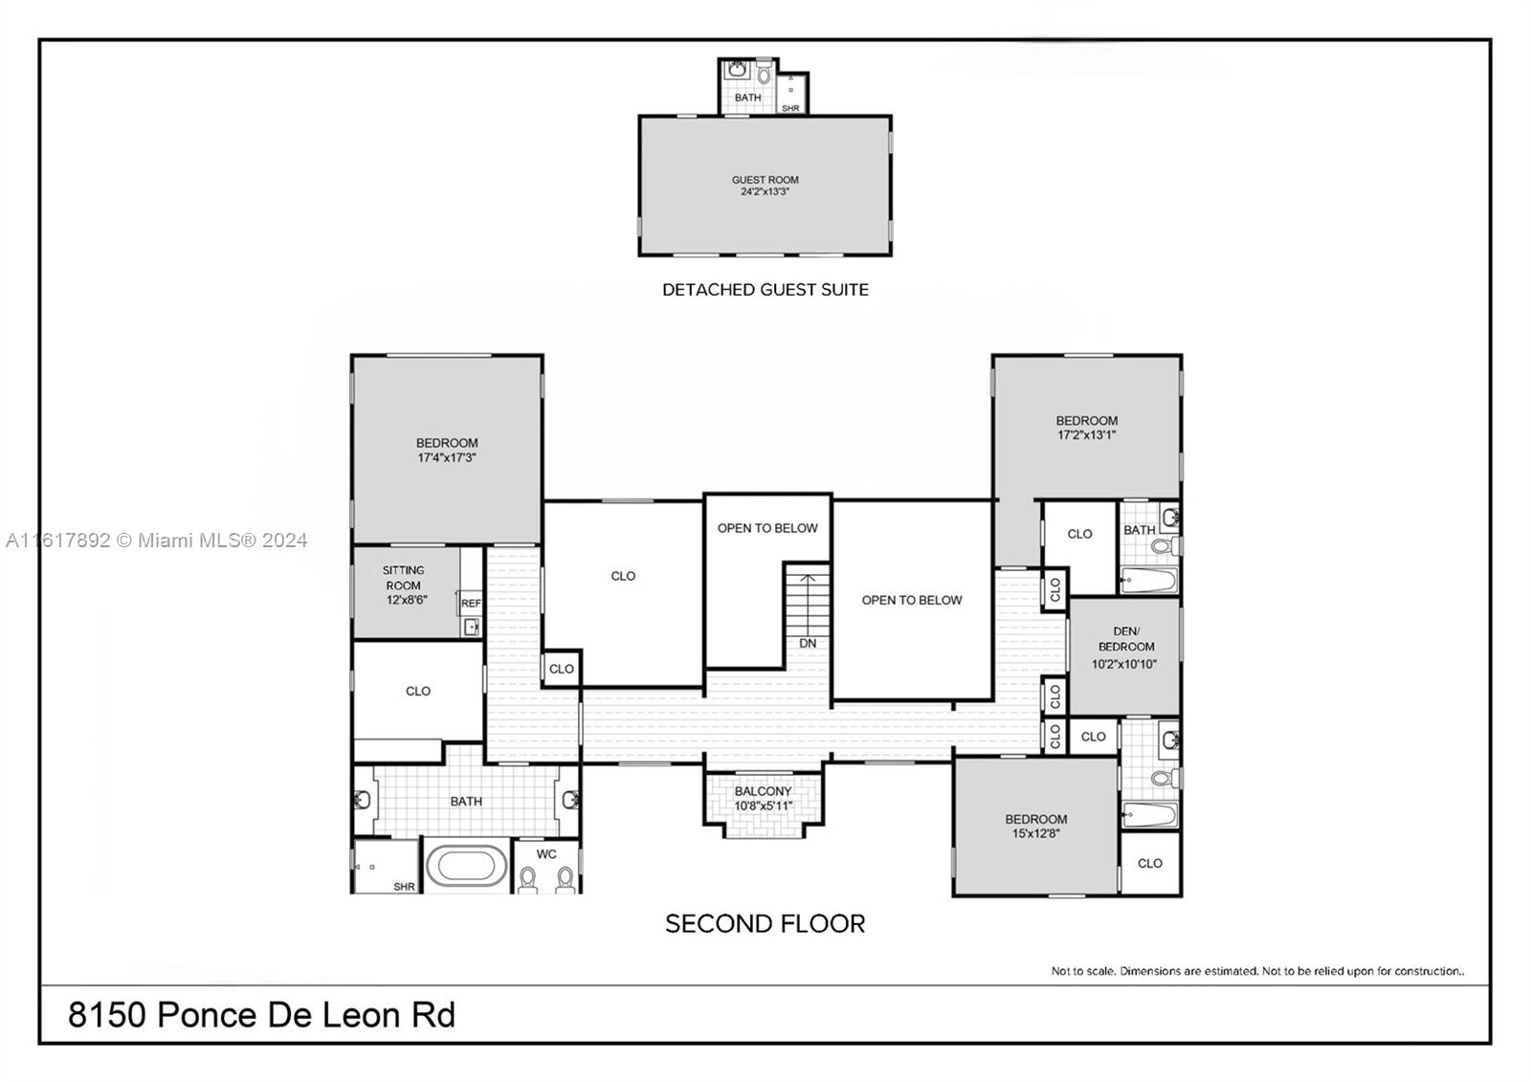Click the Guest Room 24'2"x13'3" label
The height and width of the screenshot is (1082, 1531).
click(765, 186)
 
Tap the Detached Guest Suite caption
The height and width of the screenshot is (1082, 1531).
click(765, 290)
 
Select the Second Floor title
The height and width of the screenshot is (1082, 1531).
click(765, 924)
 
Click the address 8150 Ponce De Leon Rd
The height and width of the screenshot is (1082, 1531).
click(261, 1015)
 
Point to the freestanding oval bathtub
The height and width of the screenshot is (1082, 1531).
click(467, 866)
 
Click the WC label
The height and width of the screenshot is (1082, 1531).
click(546, 854)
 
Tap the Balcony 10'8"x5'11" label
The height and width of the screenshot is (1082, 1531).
click(764, 798)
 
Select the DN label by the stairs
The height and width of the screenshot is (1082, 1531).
click(808, 643)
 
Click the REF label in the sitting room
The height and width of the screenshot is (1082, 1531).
click(471, 603)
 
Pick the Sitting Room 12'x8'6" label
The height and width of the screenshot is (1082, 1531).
click(404, 585)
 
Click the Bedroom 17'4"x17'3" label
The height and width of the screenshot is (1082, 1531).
click(447, 451)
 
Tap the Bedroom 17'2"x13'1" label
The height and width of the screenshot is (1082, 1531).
click(1087, 428)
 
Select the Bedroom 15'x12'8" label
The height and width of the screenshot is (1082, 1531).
click(1035, 827)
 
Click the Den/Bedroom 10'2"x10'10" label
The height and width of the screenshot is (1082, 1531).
click(1124, 648)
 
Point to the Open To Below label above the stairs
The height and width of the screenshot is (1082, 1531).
click(766, 528)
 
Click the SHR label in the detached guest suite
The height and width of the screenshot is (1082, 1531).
click(790, 109)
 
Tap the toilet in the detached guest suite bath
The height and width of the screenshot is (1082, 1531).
click(765, 73)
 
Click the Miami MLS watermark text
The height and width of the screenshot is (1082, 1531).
click(157, 541)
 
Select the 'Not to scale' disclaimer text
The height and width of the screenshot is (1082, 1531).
click(1257, 971)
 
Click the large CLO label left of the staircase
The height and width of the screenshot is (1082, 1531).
click(623, 576)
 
